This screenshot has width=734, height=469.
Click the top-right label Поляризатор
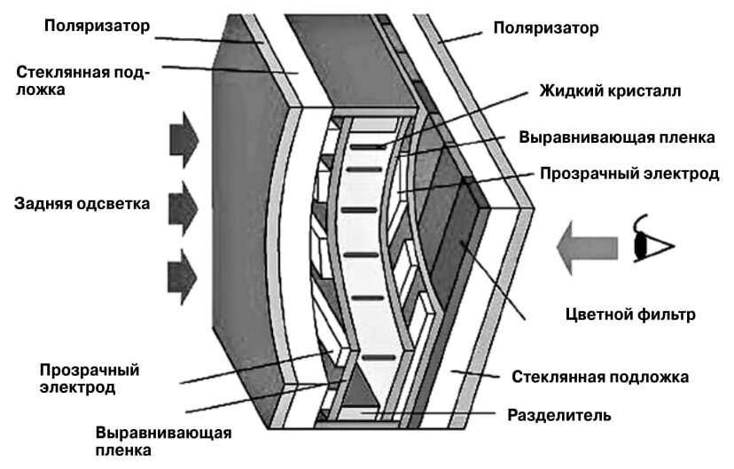click(x=546, y=28)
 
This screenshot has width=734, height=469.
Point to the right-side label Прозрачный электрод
click(x=629, y=174)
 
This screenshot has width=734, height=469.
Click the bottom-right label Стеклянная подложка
click(x=600, y=377)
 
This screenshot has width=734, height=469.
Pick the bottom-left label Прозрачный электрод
click(x=90, y=379)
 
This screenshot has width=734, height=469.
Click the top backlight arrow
click(x=183, y=140)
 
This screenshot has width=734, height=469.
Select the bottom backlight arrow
click(x=183, y=272)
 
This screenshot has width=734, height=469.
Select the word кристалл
click(x=648, y=90)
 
